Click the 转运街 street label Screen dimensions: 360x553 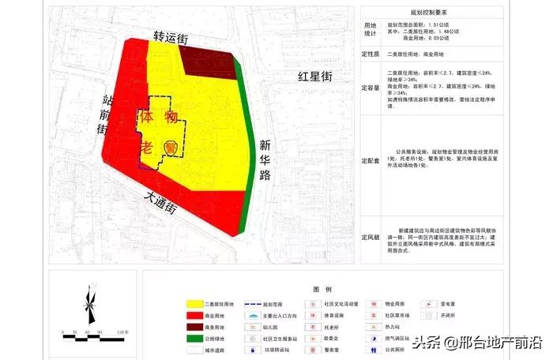(x=171, y=37)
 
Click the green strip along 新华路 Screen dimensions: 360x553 (x=251, y=158)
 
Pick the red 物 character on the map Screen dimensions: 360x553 (x=171, y=118)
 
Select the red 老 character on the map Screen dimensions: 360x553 (x=147, y=147)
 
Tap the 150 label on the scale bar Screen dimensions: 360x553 (x=121, y=332)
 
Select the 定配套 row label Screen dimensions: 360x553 (x=371, y=157)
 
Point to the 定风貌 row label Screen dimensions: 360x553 (x=371, y=237)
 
